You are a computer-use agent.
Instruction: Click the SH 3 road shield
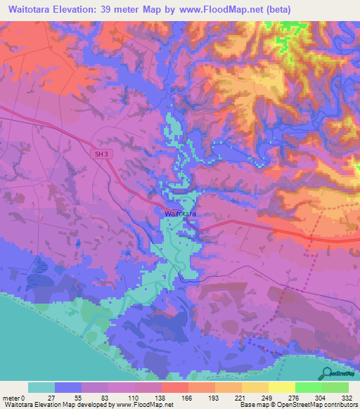[101, 152]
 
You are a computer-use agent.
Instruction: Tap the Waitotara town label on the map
[179, 212]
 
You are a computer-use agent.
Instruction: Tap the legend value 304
[321, 398]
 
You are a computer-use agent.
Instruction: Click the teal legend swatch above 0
[41, 387]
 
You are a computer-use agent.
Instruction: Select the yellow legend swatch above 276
[281, 387]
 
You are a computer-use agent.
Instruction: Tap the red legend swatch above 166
[174, 387]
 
